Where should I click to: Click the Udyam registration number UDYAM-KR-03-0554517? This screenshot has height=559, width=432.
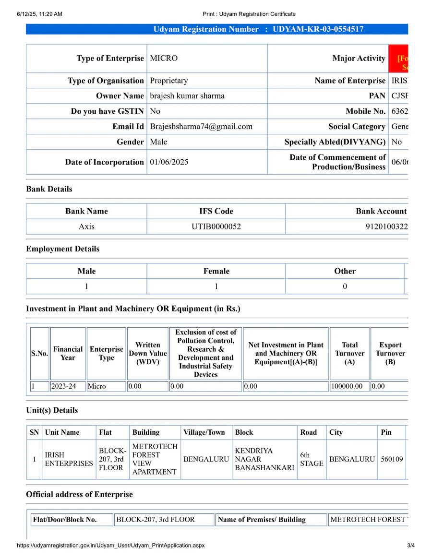318,29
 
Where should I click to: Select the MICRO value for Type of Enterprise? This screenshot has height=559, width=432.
164,59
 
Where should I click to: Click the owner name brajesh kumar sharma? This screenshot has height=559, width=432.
187,96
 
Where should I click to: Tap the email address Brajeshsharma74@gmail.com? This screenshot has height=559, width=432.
201,127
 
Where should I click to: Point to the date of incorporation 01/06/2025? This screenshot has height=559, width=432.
169,162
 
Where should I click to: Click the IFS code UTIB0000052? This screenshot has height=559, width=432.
216,226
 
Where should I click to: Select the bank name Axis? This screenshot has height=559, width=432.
86,226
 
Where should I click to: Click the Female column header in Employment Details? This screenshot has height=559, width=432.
216,271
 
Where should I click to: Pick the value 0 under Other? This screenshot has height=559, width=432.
345,286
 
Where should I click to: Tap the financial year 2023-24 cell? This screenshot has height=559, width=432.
68,386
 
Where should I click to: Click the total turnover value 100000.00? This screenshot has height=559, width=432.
349,386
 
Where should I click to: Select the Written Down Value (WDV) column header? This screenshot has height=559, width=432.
148,353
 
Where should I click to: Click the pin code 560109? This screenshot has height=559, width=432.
392,459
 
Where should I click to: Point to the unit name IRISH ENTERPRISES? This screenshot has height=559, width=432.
69,459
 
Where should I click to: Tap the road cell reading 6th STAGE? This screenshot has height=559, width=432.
312,459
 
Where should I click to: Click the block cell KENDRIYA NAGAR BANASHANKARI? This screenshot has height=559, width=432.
264,459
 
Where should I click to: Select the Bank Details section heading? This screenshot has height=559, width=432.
49,189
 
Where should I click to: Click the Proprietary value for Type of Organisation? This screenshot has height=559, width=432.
169,81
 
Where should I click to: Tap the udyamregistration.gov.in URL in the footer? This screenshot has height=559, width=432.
110,546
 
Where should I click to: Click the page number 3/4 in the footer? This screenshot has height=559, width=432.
410,546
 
